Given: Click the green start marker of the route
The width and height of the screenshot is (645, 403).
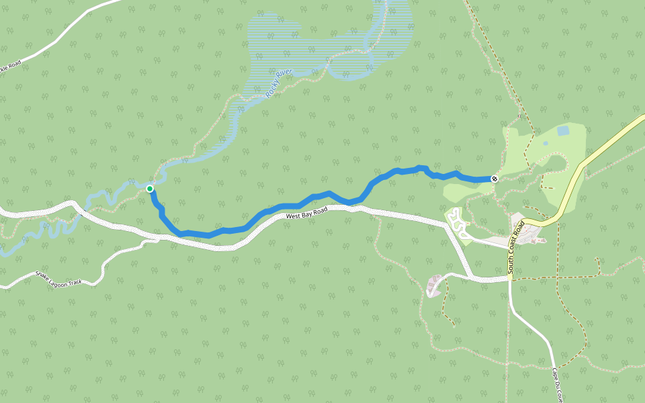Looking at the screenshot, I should click(150, 189).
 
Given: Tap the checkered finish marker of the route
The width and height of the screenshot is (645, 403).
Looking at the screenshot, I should click(494, 179).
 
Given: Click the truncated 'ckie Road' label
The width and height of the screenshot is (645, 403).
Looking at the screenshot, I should click(10, 68).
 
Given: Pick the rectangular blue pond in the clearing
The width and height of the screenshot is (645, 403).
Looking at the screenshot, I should click(562, 130).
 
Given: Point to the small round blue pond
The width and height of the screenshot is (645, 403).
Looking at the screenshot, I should click(545, 143).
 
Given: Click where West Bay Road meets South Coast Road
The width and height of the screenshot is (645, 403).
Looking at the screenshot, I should click(509, 278).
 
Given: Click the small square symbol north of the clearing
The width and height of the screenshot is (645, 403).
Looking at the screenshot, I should click(519, 116).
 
